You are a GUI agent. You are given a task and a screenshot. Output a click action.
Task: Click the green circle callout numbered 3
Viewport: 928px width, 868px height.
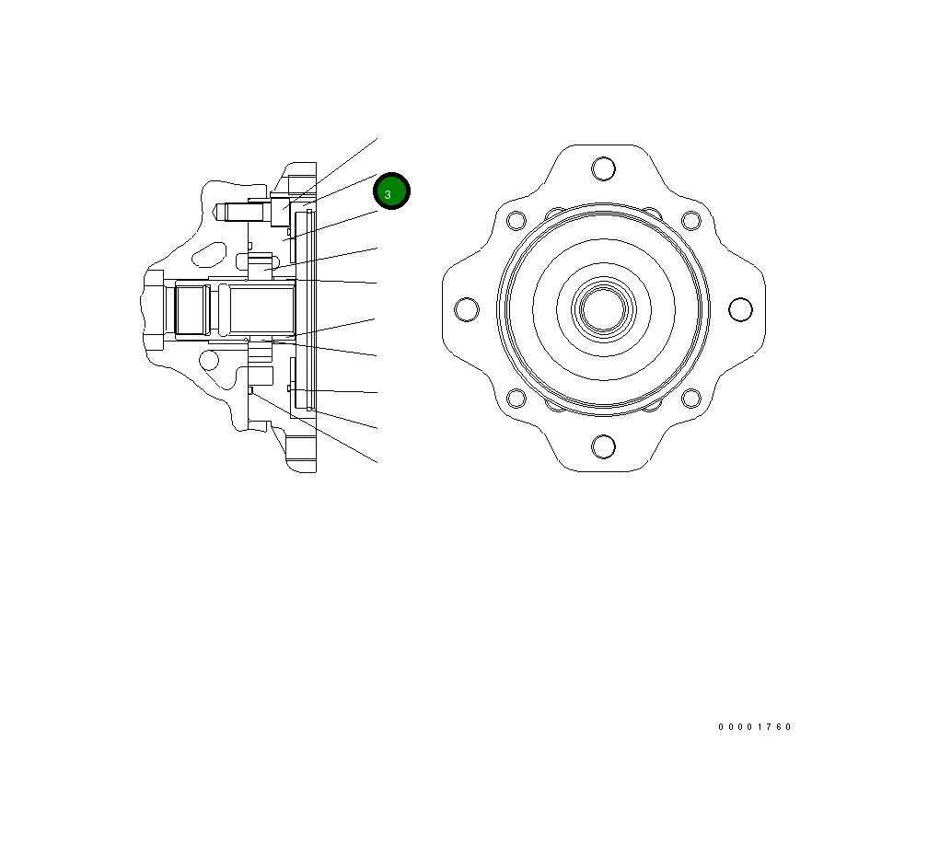point(391,191)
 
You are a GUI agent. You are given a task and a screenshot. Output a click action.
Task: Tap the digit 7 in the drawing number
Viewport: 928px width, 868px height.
point(770,727)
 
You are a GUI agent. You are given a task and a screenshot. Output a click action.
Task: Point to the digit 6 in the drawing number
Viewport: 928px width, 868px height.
point(780,727)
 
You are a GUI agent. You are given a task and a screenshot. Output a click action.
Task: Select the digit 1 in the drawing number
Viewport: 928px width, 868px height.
point(760,727)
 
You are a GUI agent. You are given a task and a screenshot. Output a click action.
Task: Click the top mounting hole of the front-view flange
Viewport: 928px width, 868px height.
point(604,168)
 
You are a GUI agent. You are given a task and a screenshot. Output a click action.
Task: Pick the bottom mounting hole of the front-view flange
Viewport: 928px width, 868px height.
point(604,446)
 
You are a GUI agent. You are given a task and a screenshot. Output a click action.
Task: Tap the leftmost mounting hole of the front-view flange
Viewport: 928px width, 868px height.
point(467,309)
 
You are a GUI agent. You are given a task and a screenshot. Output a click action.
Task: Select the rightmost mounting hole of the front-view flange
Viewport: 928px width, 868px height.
point(740,309)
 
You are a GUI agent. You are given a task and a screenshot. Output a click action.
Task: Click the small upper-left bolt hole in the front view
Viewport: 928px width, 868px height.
point(516,220)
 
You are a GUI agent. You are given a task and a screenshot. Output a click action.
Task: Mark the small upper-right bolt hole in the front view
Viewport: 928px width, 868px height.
point(690,220)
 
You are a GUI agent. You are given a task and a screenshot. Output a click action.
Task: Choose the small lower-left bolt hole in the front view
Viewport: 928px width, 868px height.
point(516,399)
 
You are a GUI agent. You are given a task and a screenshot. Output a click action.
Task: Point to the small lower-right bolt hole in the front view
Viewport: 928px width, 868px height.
point(690,399)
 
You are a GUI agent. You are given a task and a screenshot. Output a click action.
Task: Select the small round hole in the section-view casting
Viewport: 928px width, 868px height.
point(210,360)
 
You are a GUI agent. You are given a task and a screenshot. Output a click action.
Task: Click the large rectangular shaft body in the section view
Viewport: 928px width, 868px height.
point(261,309)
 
